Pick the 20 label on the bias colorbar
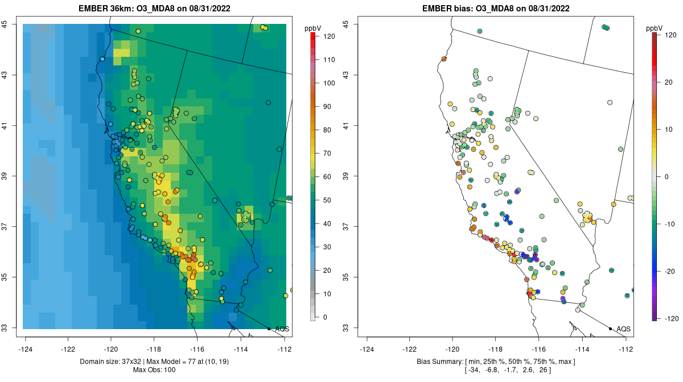(670, 82)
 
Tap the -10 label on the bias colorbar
(670, 223)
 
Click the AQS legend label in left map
(282, 329)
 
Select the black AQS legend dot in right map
(610, 329)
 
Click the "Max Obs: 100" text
(154, 370)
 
